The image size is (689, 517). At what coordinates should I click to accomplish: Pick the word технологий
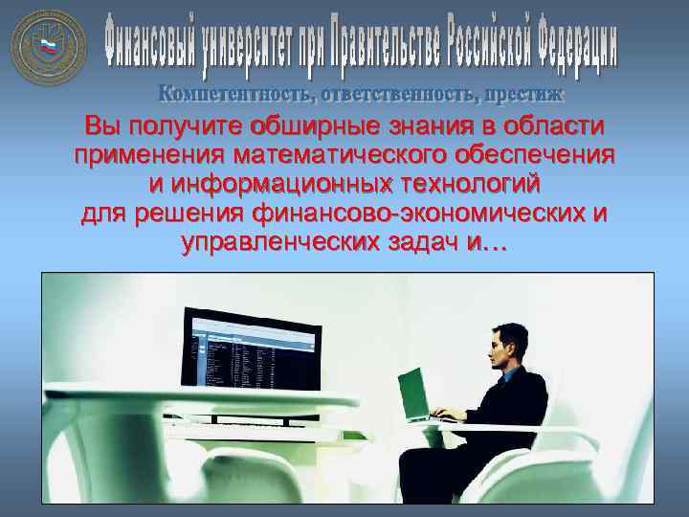click(464, 183)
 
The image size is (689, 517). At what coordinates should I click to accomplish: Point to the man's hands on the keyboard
click(446, 415)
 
